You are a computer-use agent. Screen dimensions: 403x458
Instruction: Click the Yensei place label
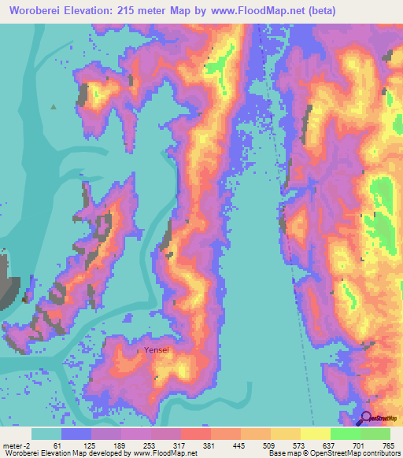click(x=156, y=350)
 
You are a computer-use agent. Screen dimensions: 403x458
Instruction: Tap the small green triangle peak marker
click(x=54, y=106)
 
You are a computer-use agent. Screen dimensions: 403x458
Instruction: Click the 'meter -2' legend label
click(x=17, y=445)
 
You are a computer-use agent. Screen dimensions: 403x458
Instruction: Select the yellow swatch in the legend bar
click(x=285, y=434)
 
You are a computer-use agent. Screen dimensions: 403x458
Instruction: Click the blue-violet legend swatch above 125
click(x=76, y=434)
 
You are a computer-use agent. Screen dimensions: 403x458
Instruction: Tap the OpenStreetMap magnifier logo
click(x=366, y=419)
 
